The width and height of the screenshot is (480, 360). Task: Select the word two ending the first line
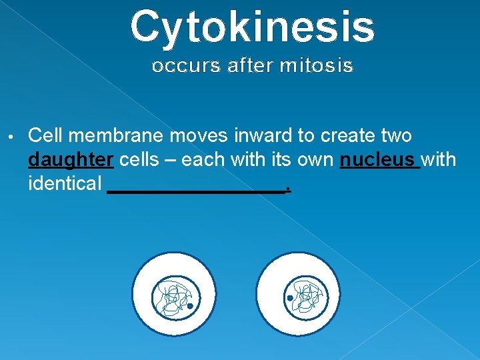397,136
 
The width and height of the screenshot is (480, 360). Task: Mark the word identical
65,183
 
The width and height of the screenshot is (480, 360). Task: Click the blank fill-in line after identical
197,189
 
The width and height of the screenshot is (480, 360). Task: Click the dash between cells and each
171,160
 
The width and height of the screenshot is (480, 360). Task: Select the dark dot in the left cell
189,306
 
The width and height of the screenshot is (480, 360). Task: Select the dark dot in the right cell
290,298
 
